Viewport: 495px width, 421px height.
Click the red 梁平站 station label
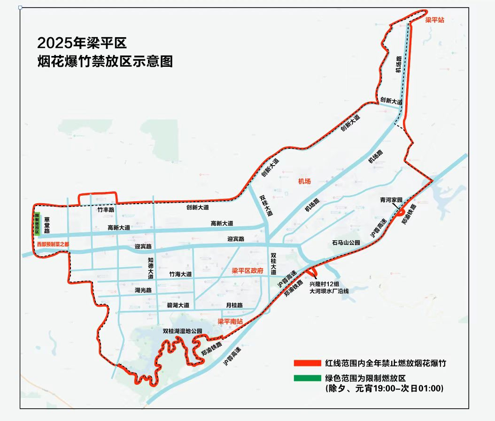click(x=435, y=20)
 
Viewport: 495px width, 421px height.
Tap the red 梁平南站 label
click(x=230, y=322)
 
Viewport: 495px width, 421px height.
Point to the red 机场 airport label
click(x=305, y=182)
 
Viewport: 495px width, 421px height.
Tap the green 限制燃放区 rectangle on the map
click(x=37, y=223)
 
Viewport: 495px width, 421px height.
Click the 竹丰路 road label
click(x=106, y=210)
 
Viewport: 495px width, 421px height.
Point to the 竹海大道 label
click(x=181, y=274)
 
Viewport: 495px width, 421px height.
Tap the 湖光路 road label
click(x=143, y=290)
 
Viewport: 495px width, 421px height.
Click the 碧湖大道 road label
click(x=178, y=305)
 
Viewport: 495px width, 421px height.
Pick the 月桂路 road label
click(x=234, y=305)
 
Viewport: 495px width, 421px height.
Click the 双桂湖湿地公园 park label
click(x=182, y=331)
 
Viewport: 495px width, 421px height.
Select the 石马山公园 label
click(x=346, y=243)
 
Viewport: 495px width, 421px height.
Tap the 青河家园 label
click(x=391, y=200)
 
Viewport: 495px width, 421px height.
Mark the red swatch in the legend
click(x=308, y=363)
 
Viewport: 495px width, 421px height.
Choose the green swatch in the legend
click(x=308, y=378)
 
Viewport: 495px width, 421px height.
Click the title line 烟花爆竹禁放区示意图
click(x=105, y=62)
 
